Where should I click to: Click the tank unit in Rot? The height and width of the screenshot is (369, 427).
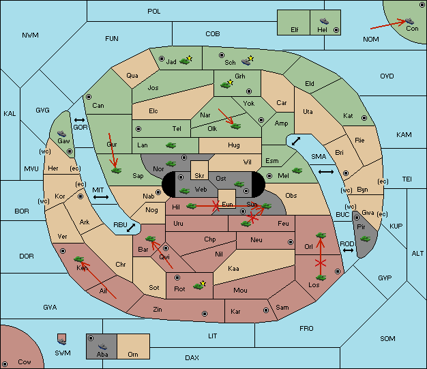point(198,286)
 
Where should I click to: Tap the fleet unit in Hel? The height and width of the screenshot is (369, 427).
point(324,21)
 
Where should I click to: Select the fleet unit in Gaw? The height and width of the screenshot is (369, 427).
point(62,134)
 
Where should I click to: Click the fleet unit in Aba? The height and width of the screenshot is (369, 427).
point(103,346)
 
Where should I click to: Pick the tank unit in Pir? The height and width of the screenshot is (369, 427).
point(365,239)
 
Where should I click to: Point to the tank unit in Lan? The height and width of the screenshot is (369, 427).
point(171,145)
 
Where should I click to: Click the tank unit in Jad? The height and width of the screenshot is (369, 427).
point(185,61)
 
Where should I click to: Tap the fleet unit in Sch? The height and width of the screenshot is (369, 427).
point(246,61)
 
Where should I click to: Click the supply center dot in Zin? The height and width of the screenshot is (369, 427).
point(205,314)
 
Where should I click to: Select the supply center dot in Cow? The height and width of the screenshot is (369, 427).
point(5,364)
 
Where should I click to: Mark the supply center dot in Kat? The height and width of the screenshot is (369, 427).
point(364,118)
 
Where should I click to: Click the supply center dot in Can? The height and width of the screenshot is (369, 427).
point(89,97)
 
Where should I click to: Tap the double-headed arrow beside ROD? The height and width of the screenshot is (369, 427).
point(348,250)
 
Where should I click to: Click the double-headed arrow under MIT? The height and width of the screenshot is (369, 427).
point(101,197)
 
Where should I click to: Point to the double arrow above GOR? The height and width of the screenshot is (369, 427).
point(80,120)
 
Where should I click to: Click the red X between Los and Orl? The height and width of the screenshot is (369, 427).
point(321,263)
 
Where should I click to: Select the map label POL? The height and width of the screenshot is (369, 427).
point(154,12)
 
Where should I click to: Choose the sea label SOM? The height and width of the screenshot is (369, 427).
point(387,338)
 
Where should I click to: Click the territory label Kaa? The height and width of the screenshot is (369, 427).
point(233,269)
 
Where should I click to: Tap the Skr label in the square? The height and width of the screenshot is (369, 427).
point(199,176)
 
